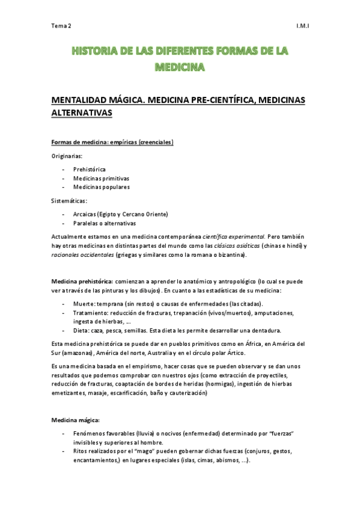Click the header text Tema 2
tap(61, 26)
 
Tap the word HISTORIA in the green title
tap(91, 54)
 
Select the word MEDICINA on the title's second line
tap(180, 67)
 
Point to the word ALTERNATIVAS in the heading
tap(83, 112)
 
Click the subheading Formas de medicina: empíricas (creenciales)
tap(112, 143)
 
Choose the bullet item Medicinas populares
tap(101, 187)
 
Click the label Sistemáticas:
tap(69, 201)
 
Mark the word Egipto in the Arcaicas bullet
tap(110, 214)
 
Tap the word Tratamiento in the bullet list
tap(90, 313)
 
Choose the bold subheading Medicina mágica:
tap(75, 420)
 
